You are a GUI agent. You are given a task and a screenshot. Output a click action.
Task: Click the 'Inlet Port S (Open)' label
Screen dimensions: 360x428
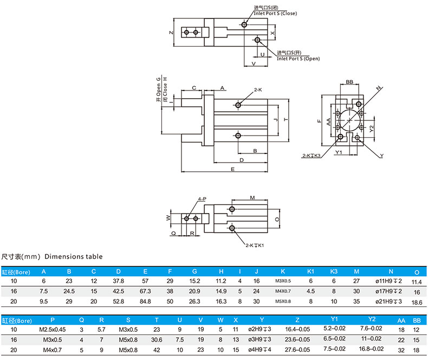(x=298, y=58)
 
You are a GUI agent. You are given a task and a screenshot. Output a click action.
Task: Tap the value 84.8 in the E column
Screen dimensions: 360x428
(x=145, y=301)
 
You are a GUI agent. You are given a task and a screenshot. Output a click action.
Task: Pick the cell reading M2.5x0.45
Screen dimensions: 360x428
(x=52, y=329)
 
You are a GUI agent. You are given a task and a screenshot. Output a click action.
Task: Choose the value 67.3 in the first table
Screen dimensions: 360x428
(x=145, y=291)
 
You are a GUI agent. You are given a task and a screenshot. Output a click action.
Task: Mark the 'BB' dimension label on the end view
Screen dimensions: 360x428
(x=349, y=82)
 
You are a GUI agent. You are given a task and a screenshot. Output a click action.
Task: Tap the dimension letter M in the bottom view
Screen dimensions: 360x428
(x=252, y=198)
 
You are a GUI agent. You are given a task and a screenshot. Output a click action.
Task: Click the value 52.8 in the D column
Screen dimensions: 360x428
(x=118, y=301)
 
